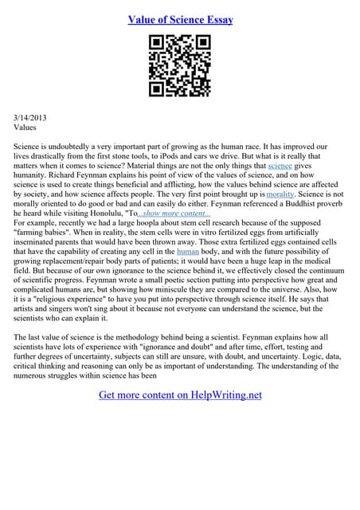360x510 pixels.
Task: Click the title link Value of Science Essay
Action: pyautogui.click(x=180, y=19)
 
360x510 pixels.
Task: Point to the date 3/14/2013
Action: pyautogui.click(x=31, y=117)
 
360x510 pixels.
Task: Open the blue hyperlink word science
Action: pyautogui.click(x=280, y=166)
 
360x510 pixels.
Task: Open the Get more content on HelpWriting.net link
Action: pyautogui.click(x=180, y=394)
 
